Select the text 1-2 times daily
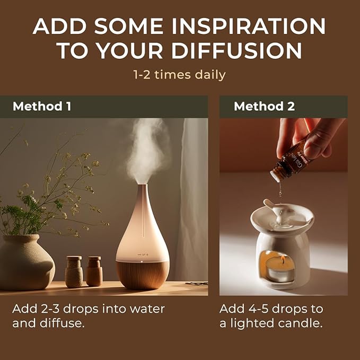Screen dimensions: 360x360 pyautogui.click(x=180, y=75)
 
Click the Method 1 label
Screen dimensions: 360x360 pyautogui.click(x=42, y=106)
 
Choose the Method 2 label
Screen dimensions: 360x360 pyautogui.click(x=264, y=106)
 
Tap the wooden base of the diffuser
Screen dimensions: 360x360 pyautogui.click(x=143, y=274)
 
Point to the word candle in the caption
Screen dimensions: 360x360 pyautogui.click(x=302, y=323)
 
